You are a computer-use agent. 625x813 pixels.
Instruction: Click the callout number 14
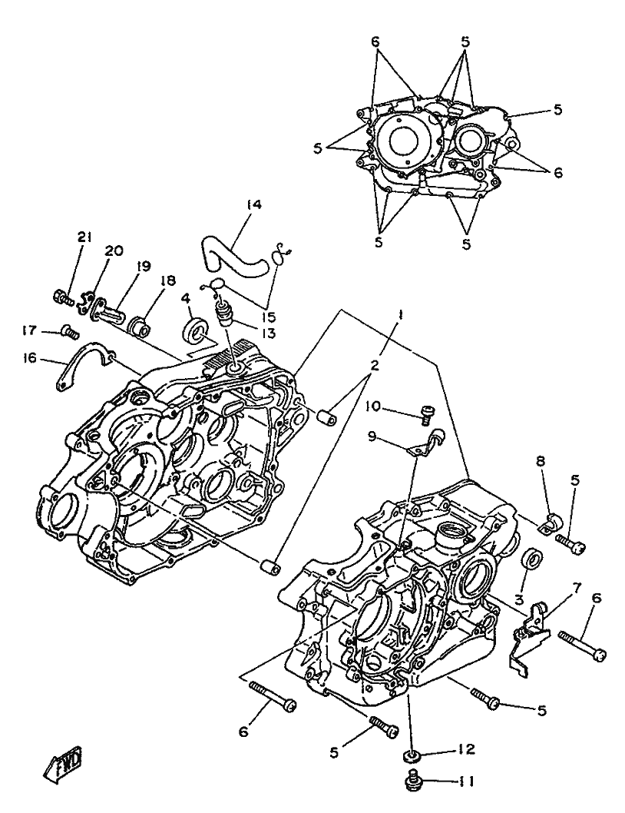(254, 204)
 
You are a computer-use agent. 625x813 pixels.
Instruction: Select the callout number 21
(84, 238)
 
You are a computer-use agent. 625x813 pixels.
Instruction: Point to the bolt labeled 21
(63, 296)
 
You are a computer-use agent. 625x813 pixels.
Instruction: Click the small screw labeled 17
(70, 332)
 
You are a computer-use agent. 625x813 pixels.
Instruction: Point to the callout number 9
(373, 436)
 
